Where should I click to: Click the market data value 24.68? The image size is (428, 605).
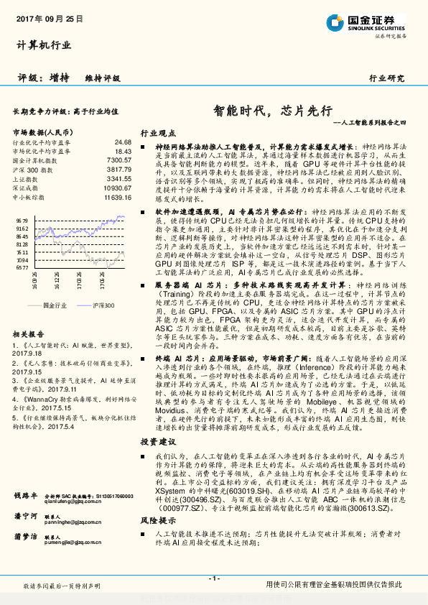tap(123, 142)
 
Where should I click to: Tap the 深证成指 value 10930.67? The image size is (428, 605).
tap(117, 187)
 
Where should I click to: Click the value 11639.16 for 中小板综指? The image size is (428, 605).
tap(117, 195)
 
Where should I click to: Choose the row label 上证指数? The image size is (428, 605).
tap(28, 178)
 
